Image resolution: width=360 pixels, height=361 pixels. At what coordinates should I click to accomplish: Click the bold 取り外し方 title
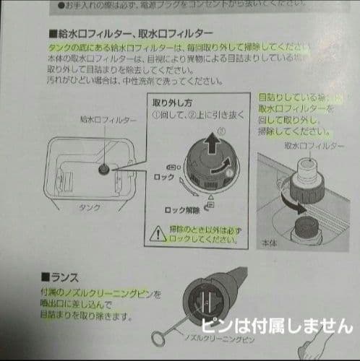click(173, 103)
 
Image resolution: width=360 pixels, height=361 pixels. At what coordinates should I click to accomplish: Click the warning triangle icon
click(159, 233)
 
